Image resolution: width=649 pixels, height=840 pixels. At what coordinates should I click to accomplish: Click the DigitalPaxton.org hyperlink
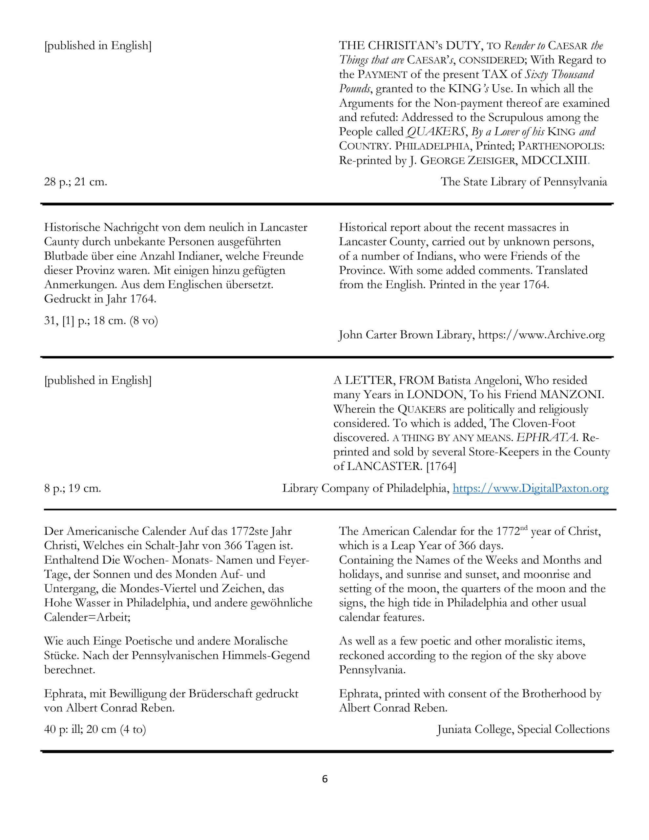click(x=531, y=489)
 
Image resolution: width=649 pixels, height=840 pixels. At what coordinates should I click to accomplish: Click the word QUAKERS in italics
click(x=435, y=132)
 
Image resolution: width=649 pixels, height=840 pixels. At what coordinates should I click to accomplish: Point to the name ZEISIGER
click(x=491, y=160)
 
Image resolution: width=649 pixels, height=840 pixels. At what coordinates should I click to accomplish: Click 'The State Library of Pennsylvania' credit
click(x=524, y=181)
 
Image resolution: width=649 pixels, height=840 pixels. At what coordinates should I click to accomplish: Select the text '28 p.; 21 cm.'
click(x=75, y=181)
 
